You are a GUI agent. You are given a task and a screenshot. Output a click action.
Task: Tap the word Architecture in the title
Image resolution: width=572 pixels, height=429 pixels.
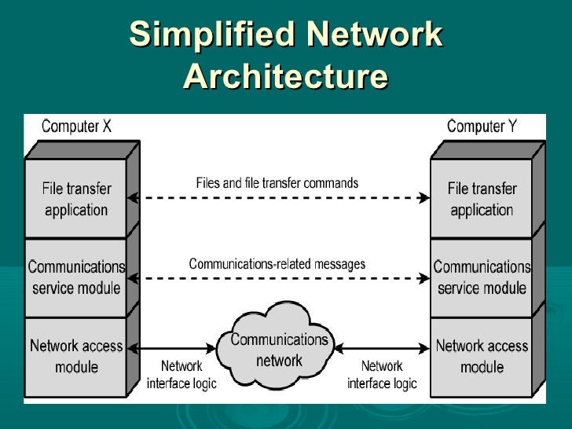click(286, 77)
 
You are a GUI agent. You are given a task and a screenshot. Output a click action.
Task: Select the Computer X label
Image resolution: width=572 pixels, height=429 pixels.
click(76, 126)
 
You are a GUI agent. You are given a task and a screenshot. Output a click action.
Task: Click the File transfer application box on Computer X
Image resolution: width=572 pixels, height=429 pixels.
click(76, 200)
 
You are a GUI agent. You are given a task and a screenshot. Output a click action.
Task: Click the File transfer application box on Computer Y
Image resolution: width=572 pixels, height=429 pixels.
click(482, 200)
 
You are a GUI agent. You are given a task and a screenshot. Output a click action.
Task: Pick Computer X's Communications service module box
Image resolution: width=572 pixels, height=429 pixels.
click(76, 277)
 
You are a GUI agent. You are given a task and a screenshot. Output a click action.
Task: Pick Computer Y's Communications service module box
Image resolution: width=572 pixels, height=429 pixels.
click(482, 277)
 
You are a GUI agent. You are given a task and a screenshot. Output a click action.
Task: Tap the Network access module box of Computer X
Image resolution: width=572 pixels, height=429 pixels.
click(76, 356)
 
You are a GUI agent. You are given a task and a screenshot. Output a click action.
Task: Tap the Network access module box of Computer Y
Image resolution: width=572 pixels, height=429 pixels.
click(482, 356)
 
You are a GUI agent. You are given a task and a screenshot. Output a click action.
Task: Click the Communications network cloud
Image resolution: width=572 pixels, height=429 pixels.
click(279, 350)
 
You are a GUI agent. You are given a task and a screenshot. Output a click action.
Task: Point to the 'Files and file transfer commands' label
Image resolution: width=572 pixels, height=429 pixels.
click(277, 183)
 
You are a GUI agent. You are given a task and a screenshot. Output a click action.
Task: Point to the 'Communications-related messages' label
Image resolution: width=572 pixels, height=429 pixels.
click(277, 264)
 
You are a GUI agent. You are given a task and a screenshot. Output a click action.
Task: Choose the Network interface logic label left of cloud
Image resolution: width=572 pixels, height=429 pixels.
click(181, 375)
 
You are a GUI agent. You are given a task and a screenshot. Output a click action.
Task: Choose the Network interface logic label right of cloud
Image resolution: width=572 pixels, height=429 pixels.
click(382, 375)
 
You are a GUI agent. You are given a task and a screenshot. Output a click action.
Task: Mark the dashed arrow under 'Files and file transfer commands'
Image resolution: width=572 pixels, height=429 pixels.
click(279, 199)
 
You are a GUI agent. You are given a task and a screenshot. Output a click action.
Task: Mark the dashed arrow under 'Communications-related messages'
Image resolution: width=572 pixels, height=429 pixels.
click(279, 278)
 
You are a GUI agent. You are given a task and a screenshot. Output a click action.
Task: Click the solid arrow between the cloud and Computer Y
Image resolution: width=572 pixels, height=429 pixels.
click(383, 346)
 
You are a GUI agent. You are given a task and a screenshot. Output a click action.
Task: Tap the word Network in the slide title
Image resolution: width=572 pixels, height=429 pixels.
click(375, 35)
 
